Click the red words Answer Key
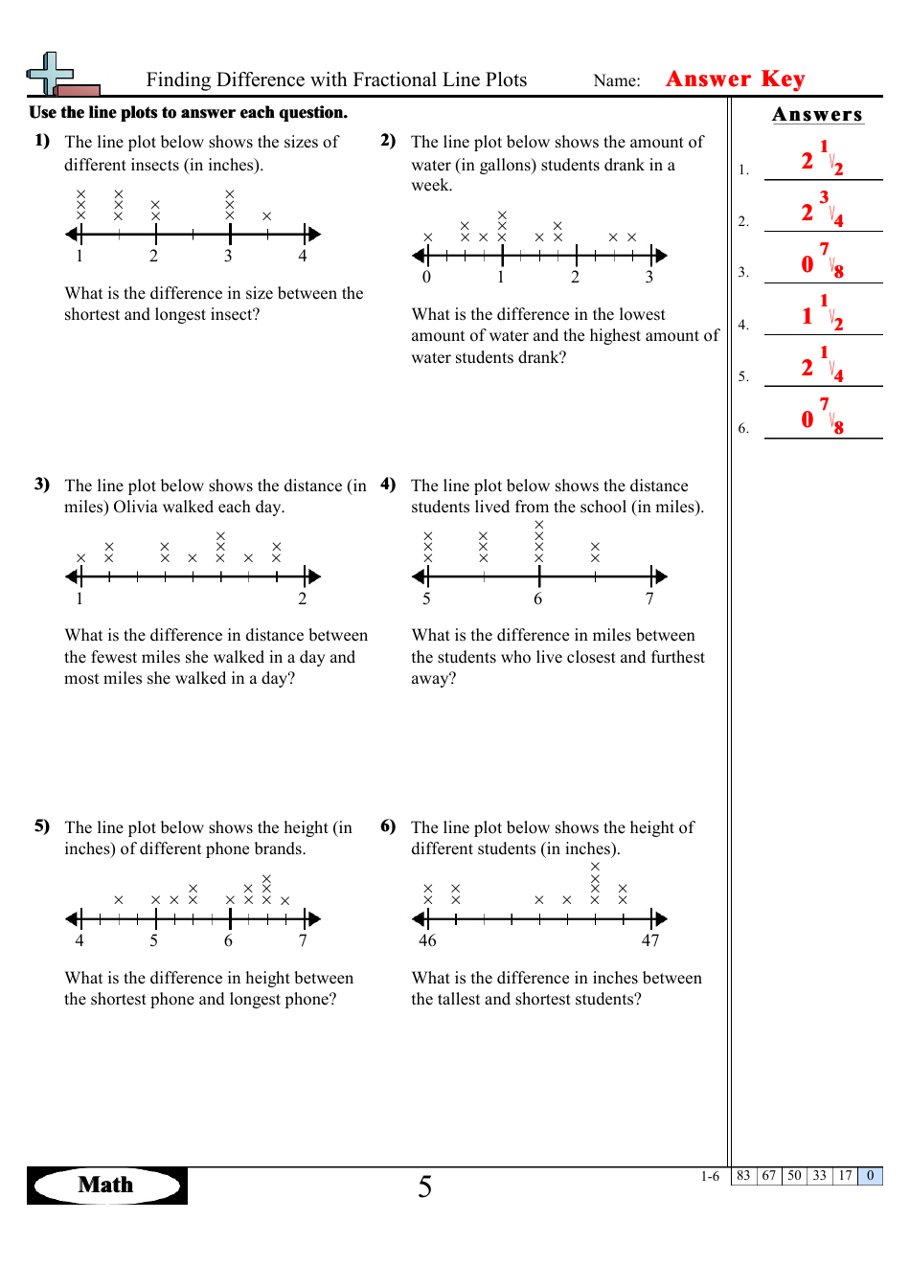click(x=735, y=79)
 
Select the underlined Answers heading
click(x=817, y=115)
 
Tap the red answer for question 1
click(x=821, y=159)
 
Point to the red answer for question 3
click(x=821, y=261)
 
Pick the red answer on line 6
click(x=821, y=417)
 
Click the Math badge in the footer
click(x=106, y=1185)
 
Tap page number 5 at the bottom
click(x=424, y=1186)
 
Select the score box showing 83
click(x=743, y=1176)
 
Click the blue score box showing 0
click(x=870, y=1176)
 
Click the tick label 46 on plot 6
click(x=427, y=940)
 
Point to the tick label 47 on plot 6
click(x=650, y=940)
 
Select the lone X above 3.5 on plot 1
click(x=267, y=216)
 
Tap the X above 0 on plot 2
click(x=427, y=237)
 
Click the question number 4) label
click(x=388, y=484)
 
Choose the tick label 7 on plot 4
click(x=649, y=599)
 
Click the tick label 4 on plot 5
click(x=80, y=940)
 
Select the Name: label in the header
click(x=616, y=80)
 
